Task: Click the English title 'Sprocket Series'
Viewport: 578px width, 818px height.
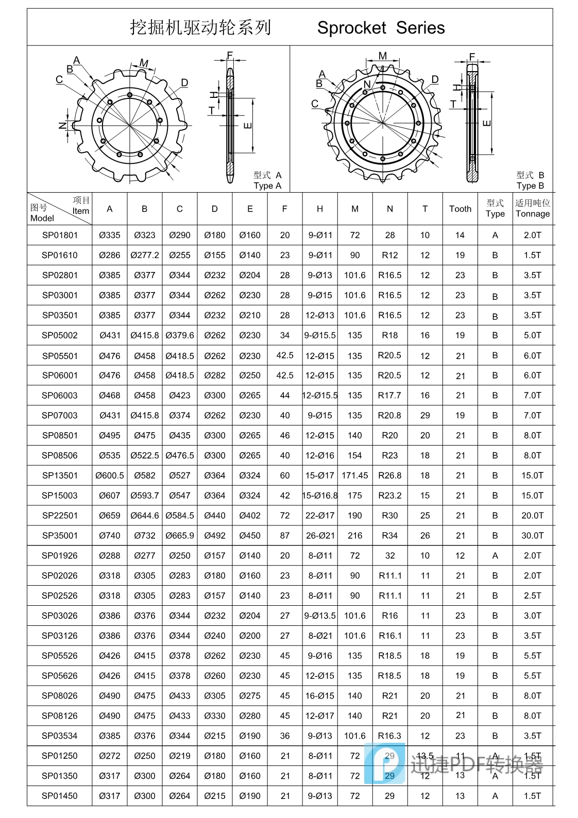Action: click(381, 28)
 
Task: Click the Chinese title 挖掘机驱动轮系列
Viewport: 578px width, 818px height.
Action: click(200, 27)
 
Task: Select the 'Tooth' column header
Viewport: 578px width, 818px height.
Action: click(460, 209)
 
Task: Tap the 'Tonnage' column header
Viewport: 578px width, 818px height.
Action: click(533, 214)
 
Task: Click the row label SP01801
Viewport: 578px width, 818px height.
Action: click(60, 235)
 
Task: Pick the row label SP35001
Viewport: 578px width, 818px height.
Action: click(60, 536)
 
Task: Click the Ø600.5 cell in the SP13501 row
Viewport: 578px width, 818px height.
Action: click(110, 475)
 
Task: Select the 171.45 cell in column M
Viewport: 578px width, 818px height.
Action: click(355, 475)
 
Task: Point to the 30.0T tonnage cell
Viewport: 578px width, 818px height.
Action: click(533, 536)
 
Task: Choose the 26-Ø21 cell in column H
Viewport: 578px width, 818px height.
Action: click(320, 536)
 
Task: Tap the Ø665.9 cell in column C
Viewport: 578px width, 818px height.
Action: click(180, 536)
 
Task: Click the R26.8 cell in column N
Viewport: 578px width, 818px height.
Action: click(390, 475)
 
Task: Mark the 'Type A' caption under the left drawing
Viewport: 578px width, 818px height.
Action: click(267, 186)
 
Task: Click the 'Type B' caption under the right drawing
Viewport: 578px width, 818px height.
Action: click(530, 186)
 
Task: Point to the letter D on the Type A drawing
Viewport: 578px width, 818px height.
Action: click(184, 83)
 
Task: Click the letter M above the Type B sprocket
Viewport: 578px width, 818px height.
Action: click(382, 56)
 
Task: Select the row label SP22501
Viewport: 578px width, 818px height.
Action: click(60, 516)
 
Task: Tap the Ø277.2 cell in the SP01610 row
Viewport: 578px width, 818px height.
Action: click(145, 255)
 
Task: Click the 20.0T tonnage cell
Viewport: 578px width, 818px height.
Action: click(533, 516)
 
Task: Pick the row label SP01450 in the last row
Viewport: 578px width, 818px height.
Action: click(60, 796)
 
